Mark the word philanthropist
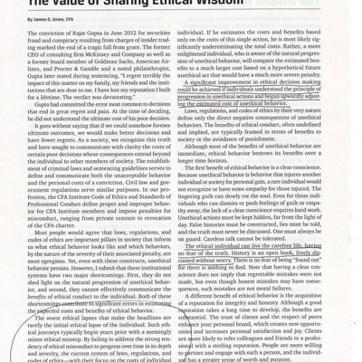pos(156,70)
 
